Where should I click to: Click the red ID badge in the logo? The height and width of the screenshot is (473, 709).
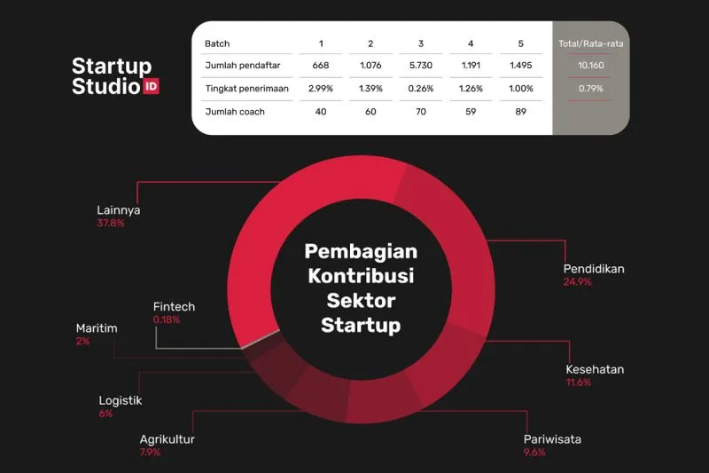(151, 86)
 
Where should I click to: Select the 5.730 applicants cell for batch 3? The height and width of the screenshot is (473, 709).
(420, 65)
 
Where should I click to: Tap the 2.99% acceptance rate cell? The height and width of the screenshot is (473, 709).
(321, 88)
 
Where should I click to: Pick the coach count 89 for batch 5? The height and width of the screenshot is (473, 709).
(520, 111)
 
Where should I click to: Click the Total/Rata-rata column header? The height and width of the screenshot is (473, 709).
(590, 43)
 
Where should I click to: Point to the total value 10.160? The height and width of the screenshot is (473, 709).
(590, 65)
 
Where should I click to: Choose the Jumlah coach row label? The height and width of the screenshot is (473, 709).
(235, 111)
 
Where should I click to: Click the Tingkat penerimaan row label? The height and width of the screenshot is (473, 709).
(247, 88)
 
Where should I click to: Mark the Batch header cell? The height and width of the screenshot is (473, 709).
(217, 43)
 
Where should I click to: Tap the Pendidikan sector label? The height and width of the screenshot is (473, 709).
(594, 269)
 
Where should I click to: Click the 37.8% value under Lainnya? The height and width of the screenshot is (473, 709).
(110, 223)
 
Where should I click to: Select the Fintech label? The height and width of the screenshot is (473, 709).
(174, 306)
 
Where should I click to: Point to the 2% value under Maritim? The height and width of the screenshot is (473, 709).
(82, 341)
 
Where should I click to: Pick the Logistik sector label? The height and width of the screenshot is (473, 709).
(121, 400)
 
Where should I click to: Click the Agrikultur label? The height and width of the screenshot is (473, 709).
(167, 439)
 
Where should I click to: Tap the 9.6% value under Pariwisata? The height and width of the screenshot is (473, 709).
(534, 453)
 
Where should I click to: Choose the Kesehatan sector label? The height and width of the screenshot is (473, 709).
(595, 369)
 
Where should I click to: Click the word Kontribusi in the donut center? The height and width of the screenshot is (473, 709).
(361, 276)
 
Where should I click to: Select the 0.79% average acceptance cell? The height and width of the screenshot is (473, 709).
(590, 88)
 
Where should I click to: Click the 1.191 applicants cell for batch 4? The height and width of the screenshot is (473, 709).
(471, 65)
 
